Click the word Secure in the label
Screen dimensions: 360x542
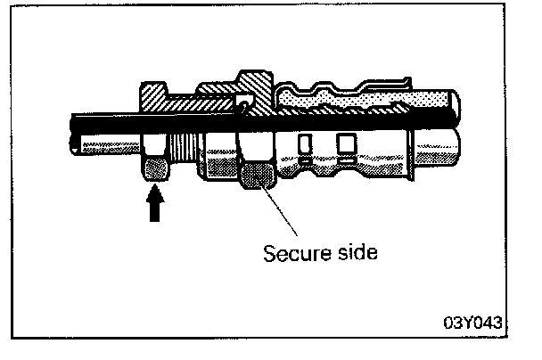(x=291, y=253)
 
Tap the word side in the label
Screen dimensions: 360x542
(x=353, y=253)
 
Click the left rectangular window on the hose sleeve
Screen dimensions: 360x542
(x=305, y=143)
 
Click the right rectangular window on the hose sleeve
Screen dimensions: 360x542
(x=344, y=143)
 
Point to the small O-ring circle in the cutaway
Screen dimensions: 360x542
(x=242, y=107)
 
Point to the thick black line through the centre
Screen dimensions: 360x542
(x=267, y=124)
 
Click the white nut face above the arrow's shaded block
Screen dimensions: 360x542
(x=156, y=144)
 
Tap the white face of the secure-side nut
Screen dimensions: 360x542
(x=259, y=147)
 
